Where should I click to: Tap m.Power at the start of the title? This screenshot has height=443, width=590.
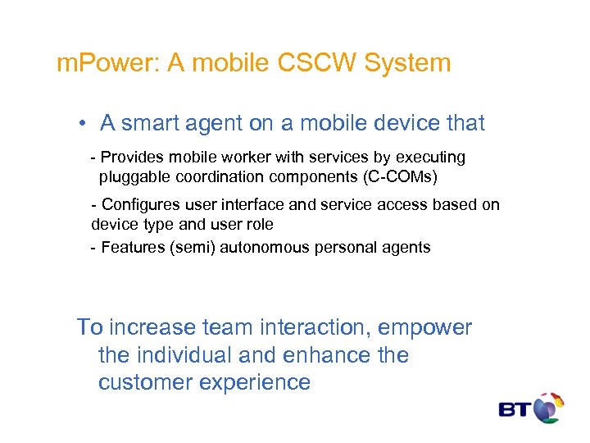[x=108, y=63]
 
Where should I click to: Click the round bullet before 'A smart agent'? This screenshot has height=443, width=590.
[x=84, y=124]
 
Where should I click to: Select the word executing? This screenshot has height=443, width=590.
[x=431, y=157]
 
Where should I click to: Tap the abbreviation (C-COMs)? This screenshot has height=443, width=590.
[x=407, y=176]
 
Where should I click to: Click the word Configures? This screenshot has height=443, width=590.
[x=140, y=205]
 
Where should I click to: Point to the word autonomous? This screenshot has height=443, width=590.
[x=274, y=247]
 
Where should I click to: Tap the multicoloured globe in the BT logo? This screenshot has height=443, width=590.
[x=549, y=408]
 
